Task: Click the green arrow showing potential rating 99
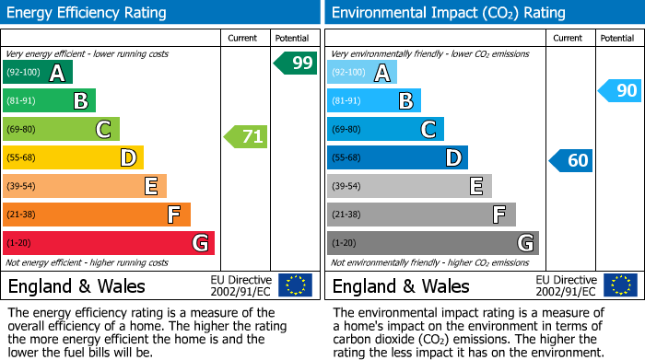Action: pos(295,64)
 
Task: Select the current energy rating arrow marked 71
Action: pos(246,137)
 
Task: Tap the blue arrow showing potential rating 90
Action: pos(619,90)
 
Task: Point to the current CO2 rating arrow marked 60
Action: pos(570,161)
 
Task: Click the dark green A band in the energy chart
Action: pos(38,73)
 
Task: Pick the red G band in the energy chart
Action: pos(109,244)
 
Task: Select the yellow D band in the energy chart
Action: pos(73,158)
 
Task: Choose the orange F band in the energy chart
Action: pos(97,215)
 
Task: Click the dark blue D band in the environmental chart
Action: pos(397,158)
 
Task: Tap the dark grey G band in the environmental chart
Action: pos(432,244)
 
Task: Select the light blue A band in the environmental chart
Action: pos(362,73)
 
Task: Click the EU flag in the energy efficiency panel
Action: pos(295,285)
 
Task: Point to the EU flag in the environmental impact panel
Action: pos(619,285)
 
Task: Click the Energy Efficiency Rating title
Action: pos(88,13)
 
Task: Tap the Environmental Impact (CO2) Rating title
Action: pos(448,13)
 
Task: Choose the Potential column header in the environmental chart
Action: pos(617,38)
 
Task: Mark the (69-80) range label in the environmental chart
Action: pos(346,130)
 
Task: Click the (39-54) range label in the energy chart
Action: pos(22,187)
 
